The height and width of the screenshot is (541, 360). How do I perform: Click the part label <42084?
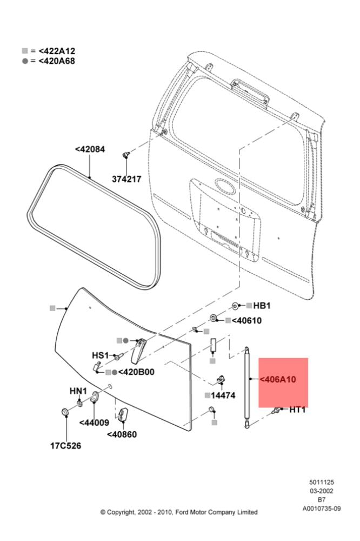point(90,149)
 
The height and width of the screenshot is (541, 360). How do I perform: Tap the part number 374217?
point(126,179)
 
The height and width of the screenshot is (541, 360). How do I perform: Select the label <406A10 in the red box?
point(278,380)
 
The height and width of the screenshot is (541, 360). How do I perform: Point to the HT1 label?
point(298,410)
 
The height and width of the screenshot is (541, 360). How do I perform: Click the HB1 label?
point(262,306)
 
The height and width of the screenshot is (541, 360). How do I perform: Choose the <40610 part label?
point(247,320)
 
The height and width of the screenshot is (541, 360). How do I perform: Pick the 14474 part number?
point(223,395)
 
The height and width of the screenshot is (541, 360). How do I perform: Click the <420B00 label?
point(136,372)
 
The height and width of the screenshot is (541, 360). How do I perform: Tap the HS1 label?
point(101,355)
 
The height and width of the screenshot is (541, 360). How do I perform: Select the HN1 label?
point(78,391)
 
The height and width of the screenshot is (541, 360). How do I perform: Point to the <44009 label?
point(94,423)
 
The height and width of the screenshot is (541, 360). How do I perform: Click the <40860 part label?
point(122,434)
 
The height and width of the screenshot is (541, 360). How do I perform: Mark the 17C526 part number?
point(66,446)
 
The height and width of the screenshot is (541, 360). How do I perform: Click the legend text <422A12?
point(57,51)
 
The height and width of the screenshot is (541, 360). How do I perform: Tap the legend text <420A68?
point(57,61)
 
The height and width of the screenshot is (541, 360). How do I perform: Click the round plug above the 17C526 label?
point(65,411)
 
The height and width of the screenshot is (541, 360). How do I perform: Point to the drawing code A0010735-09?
point(322,508)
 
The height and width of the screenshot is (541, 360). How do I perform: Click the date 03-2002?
point(322,491)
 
